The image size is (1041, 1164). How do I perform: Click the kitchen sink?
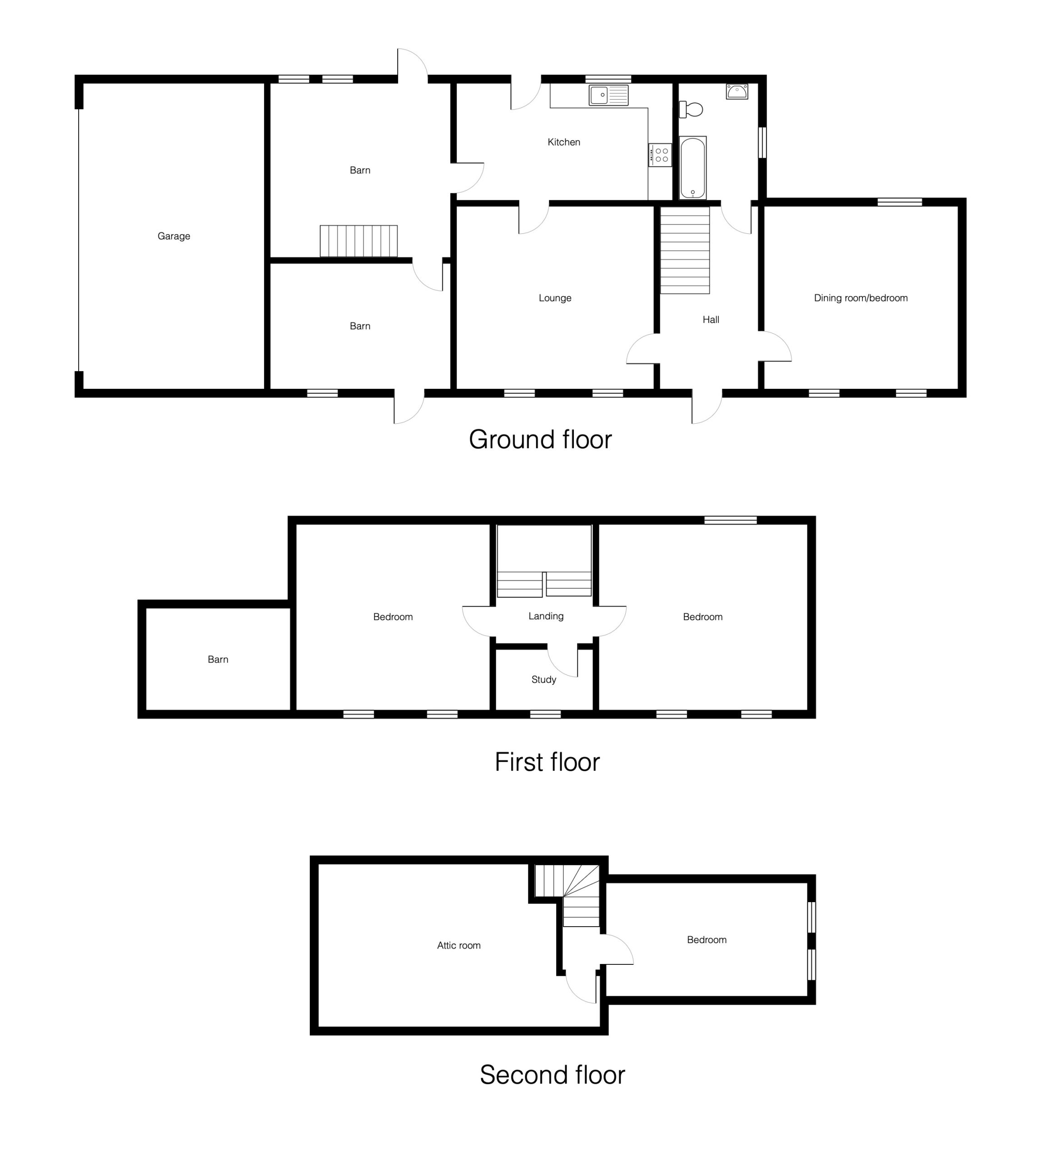[x=608, y=95]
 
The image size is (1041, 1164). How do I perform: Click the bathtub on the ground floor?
[x=692, y=168]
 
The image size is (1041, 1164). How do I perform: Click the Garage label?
[x=174, y=236]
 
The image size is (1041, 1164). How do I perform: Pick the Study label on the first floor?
[x=543, y=680]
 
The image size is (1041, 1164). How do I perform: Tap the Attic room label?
[x=459, y=946]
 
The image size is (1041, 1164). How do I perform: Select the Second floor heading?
[x=552, y=1075]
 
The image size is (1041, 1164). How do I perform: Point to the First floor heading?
[x=548, y=762]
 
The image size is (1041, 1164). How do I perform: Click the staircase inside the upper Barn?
[x=359, y=241]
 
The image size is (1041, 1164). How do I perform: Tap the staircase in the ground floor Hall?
[x=685, y=250]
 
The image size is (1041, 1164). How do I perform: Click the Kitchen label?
[x=564, y=142]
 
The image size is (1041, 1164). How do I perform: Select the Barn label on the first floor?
[x=218, y=660]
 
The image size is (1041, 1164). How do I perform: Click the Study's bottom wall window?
[x=546, y=714]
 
